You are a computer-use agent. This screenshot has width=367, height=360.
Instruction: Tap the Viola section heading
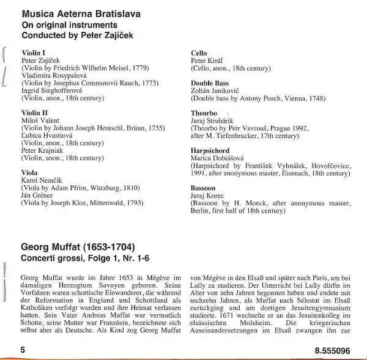pos(30,173)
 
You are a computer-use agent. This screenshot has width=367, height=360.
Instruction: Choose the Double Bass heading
pos(210,83)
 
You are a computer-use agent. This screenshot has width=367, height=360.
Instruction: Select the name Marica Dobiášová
pos(219,158)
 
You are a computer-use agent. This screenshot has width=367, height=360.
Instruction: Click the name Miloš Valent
pos(41,120)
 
